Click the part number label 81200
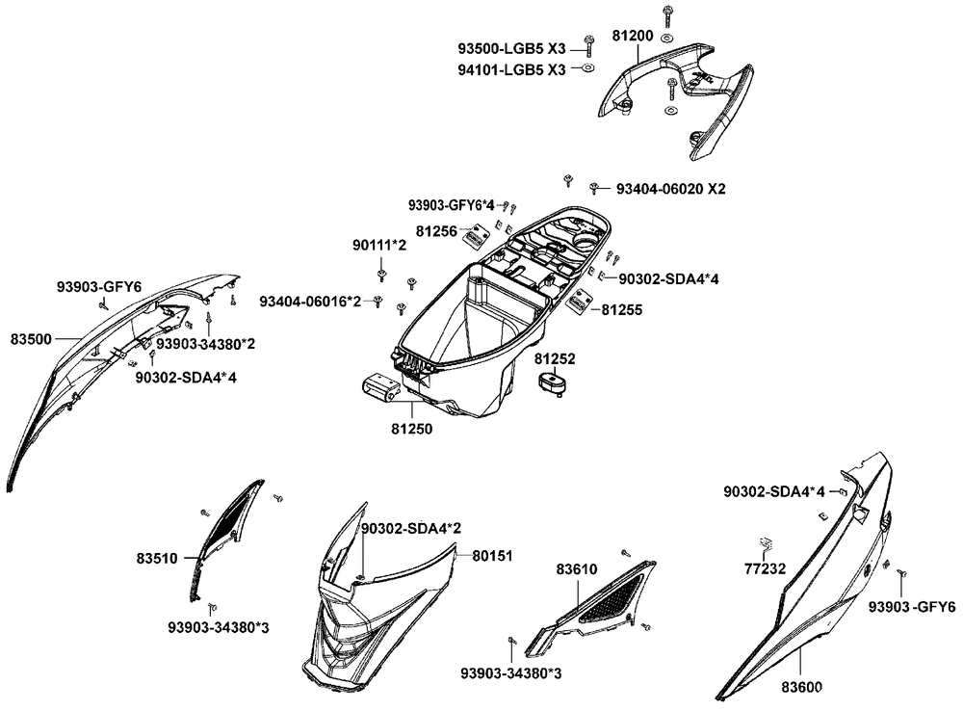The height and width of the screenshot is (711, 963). tap(633, 37)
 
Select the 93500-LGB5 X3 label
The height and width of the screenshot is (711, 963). tap(511, 49)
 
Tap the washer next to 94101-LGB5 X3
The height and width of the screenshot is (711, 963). tap(587, 67)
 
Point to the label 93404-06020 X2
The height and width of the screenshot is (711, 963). tap(670, 189)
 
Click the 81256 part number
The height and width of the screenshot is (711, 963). tap(436, 231)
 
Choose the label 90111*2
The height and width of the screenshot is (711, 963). tap(379, 246)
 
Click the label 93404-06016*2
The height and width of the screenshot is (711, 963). tap(310, 302)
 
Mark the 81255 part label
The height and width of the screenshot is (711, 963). tap(621, 309)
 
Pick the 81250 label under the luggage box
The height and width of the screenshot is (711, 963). tap(411, 429)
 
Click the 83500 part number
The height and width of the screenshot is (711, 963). tap(31, 339)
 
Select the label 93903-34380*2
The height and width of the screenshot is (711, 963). tap(206, 344)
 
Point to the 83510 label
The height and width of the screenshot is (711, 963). tap(157, 559)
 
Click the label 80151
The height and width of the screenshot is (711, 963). tap(492, 556)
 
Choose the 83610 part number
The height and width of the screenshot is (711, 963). tap(577, 569)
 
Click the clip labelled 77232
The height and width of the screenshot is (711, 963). tap(766, 543)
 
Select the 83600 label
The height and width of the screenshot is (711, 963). tap(801, 687)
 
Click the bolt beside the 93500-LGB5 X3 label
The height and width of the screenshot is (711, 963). tap(588, 44)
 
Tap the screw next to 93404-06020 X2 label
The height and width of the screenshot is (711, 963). tap(594, 188)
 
